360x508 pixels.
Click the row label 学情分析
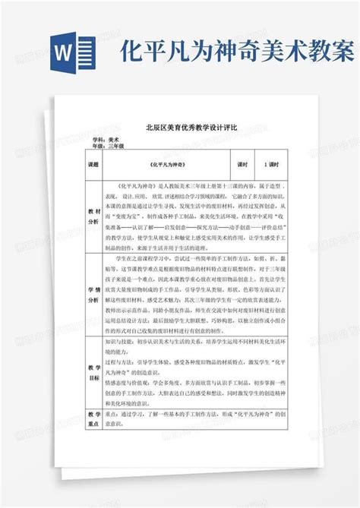click(94, 295)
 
